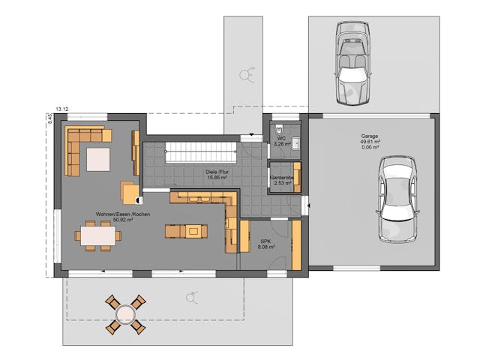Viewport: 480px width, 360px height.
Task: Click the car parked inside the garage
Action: point(396,199)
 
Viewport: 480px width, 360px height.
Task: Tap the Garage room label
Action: point(369,136)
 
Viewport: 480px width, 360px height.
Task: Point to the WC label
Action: point(281,138)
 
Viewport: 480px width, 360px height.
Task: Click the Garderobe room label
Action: point(282,178)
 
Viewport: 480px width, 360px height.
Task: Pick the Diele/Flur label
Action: point(217,172)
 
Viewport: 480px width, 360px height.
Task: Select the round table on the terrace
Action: point(124,313)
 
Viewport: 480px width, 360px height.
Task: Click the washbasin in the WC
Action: point(295,142)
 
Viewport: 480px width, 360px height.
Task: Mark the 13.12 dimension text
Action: point(62,109)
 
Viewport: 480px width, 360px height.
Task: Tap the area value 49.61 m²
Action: point(370,142)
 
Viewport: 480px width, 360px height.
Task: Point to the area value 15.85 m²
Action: point(217,178)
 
